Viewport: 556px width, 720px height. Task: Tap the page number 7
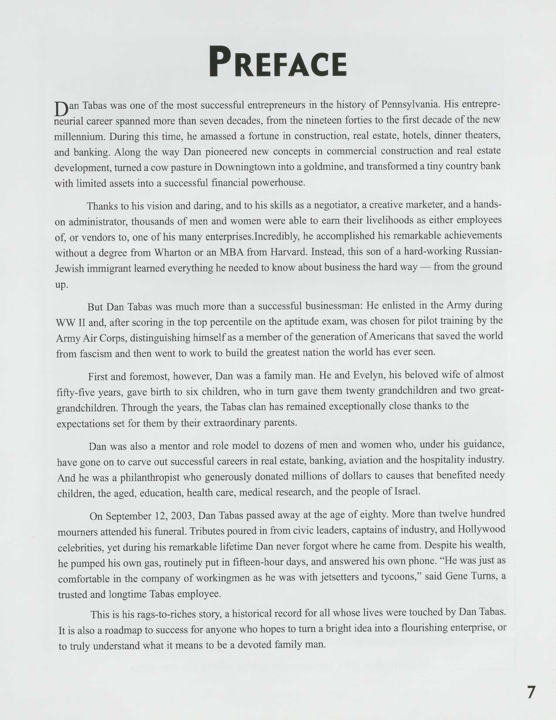click(x=531, y=693)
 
